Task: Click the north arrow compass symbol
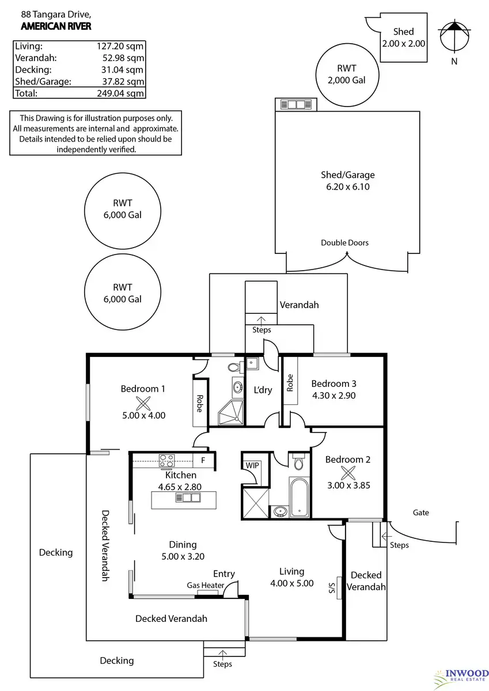click(454, 36)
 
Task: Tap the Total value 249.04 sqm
click(120, 93)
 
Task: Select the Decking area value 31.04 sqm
click(122, 70)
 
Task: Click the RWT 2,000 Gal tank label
click(347, 74)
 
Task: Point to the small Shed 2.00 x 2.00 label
click(404, 37)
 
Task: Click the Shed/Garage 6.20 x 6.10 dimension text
click(348, 187)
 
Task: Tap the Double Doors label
click(344, 243)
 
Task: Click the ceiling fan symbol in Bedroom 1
click(143, 404)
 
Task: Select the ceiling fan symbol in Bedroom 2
click(348, 473)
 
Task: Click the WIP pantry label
click(252, 465)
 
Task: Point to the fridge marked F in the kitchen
click(203, 460)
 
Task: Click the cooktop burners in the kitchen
click(166, 461)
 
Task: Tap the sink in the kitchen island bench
click(188, 498)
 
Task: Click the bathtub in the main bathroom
click(299, 497)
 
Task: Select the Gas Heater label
click(206, 585)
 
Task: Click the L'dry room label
click(263, 390)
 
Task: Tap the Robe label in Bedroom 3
click(290, 382)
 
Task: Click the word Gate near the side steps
click(421, 512)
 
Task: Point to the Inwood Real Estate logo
click(461, 679)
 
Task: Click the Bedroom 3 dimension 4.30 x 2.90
click(334, 396)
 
